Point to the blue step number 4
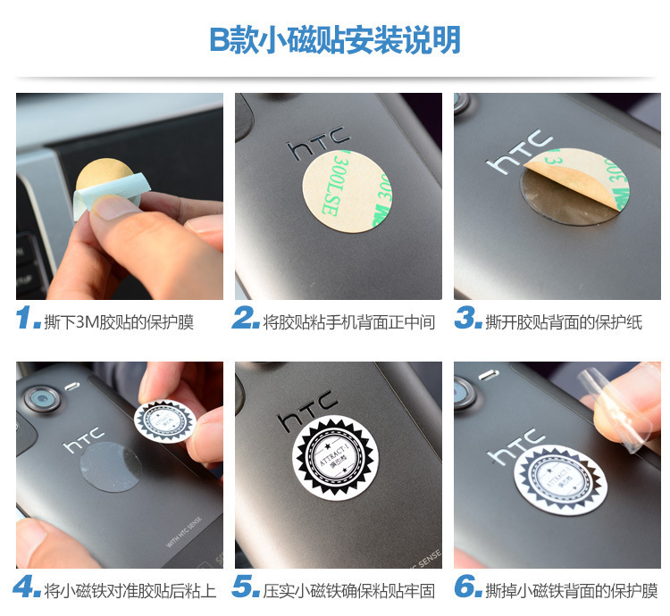tap(28, 588)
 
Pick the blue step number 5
tap(246, 588)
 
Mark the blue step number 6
tap(467, 588)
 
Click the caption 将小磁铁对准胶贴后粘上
tap(130, 590)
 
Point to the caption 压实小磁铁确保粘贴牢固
tap(349, 590)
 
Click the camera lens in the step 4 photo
tap(41, 398)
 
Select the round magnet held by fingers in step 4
tap(164, 418)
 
